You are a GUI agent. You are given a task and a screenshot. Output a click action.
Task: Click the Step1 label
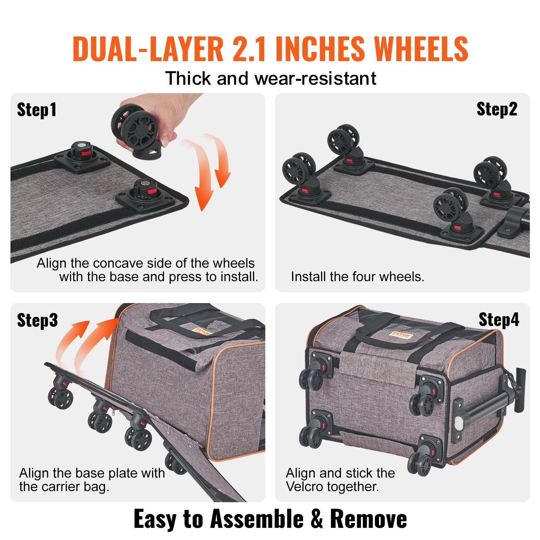tap(36, 110)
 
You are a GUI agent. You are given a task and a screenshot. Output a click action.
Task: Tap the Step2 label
tap(496, 109)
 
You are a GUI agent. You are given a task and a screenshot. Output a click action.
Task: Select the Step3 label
tap(37, 320)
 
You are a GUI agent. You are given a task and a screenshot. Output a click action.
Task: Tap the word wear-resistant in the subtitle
tap(315, 79)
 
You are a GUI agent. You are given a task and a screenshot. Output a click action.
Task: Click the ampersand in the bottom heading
tap(316, 519)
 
